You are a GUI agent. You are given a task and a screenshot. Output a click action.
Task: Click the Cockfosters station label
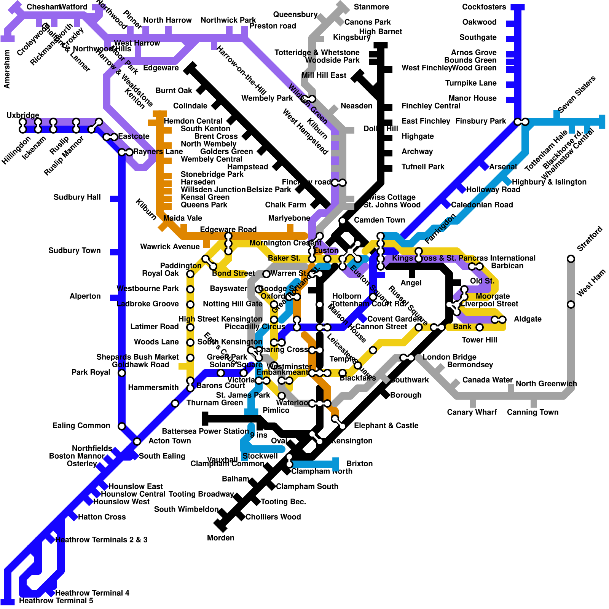(x=484, y=7)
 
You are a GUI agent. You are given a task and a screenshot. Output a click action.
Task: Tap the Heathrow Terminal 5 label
(x=56, y=601)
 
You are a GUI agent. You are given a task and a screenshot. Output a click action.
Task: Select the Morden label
(x=220, y=538)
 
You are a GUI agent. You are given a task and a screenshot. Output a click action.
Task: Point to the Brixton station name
(x=359, y=464)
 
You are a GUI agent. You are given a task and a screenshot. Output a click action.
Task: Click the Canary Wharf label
(x=472, y=412)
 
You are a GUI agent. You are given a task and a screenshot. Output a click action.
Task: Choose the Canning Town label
(x=532, y=412)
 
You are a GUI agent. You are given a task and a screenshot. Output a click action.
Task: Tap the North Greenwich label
(x=546, y=384)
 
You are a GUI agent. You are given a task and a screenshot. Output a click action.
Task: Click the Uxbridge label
(x=23, y=115)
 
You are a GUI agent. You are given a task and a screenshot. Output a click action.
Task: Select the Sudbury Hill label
(x=77, y=197)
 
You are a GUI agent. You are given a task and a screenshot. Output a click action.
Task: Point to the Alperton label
(x=85, y=296)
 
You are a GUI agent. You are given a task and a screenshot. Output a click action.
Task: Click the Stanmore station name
(x=371, y=7)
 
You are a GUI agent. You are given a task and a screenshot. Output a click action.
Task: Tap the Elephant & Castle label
(x=386, y=426)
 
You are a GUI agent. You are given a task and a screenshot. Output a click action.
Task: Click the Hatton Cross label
(x=102, y=517)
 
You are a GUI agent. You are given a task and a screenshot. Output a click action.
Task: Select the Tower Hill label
(x=479, y=340)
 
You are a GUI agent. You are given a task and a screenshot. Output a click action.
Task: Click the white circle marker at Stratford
(x=571, y=259)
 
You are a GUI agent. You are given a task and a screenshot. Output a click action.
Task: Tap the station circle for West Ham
(x=571, y=304)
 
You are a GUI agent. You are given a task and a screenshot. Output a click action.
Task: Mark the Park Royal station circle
(x=122, y=373)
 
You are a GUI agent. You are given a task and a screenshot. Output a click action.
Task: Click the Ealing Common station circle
(x=122, y=426)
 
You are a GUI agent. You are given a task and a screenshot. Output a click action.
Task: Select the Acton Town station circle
(x=137, y=442)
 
